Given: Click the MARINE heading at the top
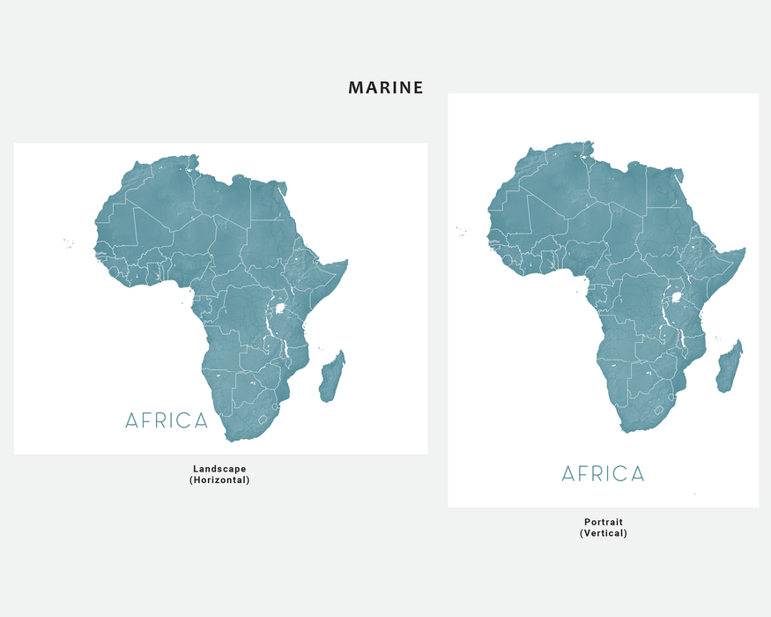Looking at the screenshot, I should [386, 87].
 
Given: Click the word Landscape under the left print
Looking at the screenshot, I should [219, 468].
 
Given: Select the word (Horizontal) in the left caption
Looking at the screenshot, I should [219, 480].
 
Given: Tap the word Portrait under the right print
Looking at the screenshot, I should [604, 522].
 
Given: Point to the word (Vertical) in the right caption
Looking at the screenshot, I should [604, 533].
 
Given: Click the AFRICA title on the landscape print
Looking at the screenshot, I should [167, 420].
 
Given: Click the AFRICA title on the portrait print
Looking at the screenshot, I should [604, 474].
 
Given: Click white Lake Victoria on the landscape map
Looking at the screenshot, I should [279, 310].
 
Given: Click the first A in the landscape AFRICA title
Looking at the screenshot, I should [132, 420].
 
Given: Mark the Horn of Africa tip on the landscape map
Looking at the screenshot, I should [347, 261].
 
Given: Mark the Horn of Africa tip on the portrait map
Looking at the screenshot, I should [745, 249].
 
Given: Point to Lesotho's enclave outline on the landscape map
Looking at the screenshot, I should [261, 421].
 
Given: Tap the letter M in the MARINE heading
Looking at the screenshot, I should [356, 87].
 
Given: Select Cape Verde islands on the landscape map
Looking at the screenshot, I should [68, 244].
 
